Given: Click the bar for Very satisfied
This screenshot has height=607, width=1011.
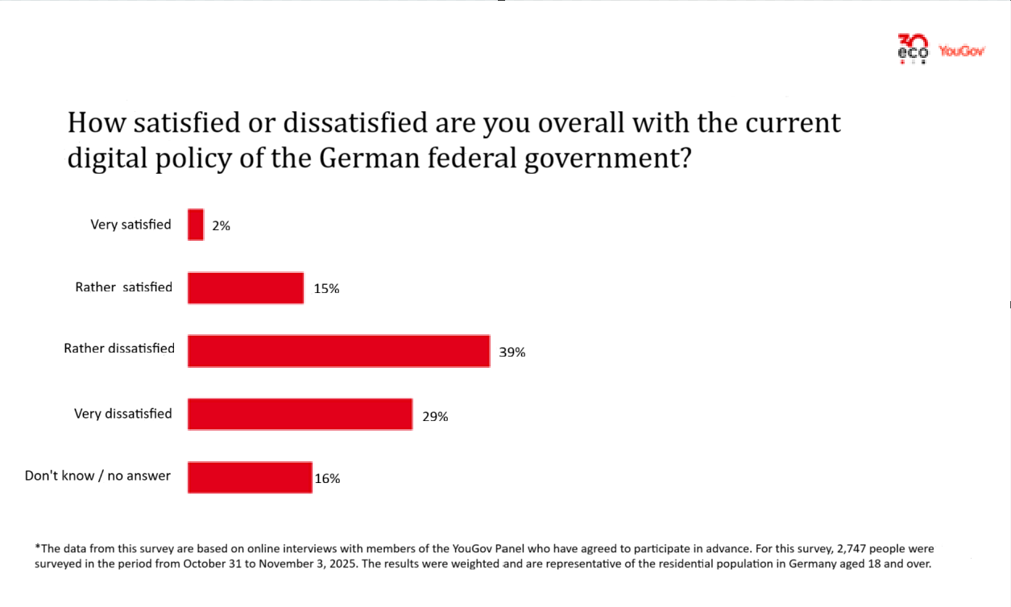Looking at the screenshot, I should click(196, 225).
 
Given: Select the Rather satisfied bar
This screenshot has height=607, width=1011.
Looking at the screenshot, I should click(246, 288).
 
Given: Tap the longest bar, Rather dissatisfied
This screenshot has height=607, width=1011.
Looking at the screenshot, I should click(338, 351).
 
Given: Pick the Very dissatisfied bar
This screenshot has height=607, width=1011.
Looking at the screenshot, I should click(300, 414).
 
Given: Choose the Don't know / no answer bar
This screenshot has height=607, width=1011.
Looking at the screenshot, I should click(250, 477).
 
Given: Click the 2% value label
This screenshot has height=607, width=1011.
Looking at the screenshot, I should click(222, 226).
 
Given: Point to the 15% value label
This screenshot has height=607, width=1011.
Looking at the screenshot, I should click(326, 289).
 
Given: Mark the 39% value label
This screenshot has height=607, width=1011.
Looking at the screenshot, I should click(512, 352).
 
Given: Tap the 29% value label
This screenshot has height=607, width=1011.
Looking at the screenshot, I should click(435, 416).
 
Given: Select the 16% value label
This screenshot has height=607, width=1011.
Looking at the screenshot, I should click(327, 478).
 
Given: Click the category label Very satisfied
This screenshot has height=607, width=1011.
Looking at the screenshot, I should click(131, 225).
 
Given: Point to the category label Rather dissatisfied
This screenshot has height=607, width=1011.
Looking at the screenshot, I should click(119, 349).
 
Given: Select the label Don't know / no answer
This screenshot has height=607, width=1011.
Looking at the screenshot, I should click(97, 476).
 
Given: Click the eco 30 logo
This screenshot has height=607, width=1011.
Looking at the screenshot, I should click(913, 48).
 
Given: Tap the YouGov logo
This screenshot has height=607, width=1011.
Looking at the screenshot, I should click(962, 51).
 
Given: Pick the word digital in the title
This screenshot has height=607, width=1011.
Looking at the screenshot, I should click(104, 159).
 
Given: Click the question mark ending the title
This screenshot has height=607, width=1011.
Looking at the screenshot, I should click(683, 159).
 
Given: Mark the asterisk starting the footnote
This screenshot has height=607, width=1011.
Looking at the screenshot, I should click(37, 547).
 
